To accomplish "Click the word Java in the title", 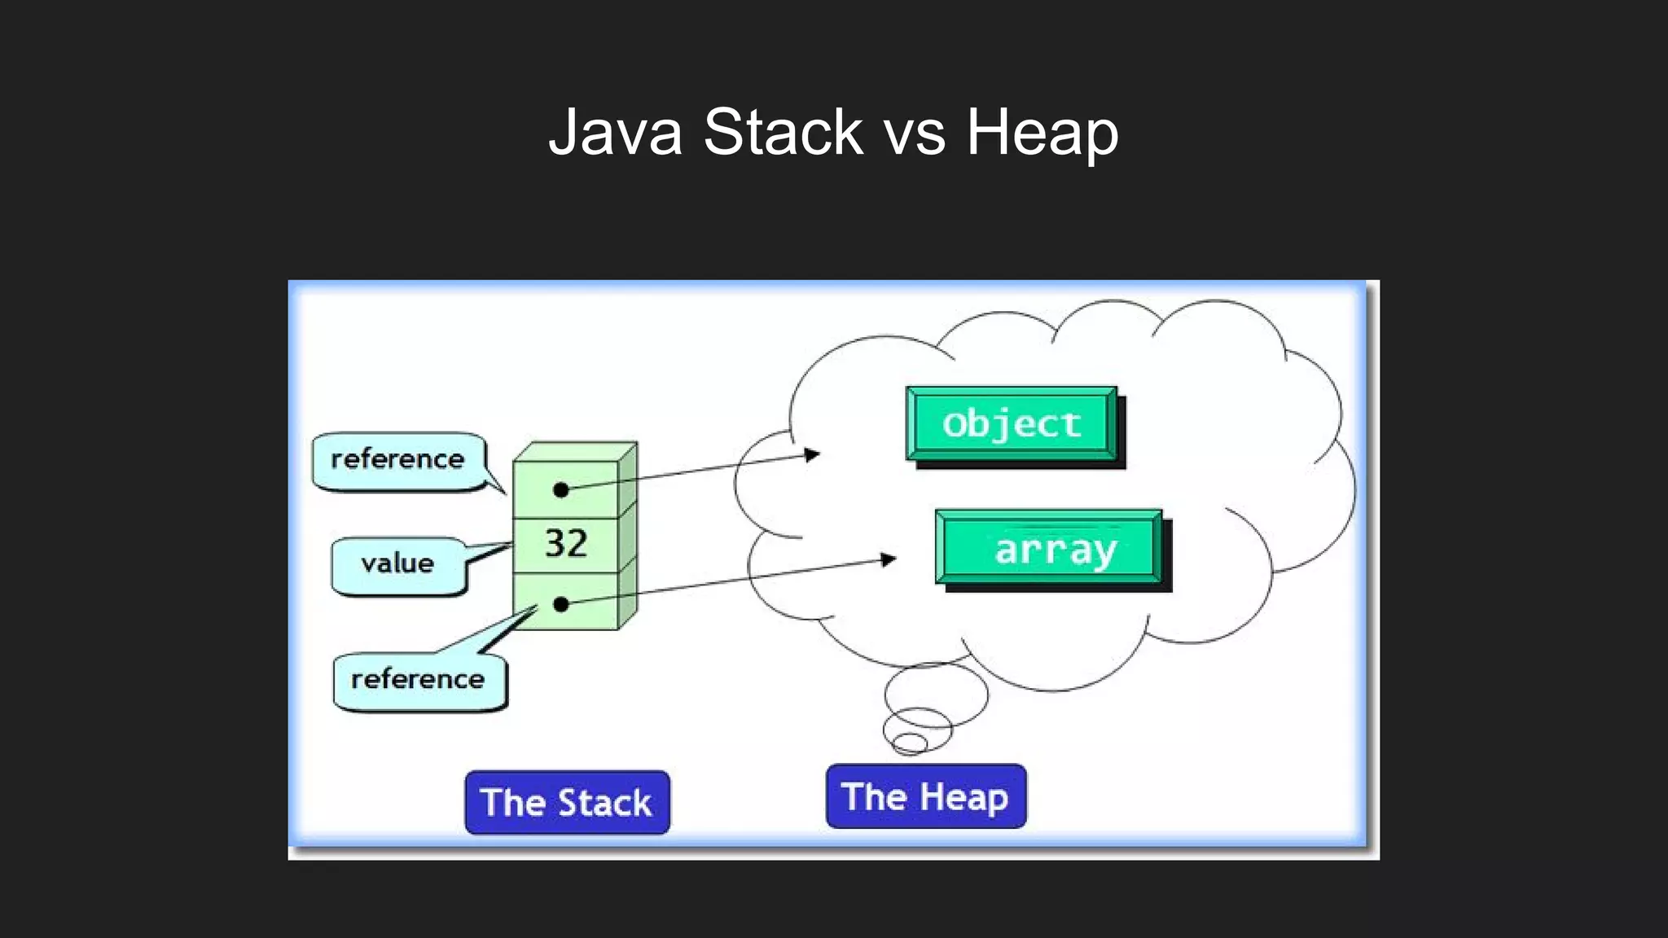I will tap(615, 132).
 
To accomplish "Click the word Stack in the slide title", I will tap(783, 132).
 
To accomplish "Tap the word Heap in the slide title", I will tap(1042, 132).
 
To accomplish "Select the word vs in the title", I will tap(915, 134).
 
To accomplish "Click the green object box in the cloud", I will tap(1012, 424).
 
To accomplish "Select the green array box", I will tap(1049, 548).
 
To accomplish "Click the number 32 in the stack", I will tap(566, 544).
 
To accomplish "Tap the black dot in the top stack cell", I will tap(560, 489).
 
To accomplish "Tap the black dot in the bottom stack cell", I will tap(560, 604).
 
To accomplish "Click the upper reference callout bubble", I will tap(398, 460).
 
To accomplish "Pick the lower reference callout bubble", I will tap(419, 680).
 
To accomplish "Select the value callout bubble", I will tap(398, 563).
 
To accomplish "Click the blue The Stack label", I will tap(567, 803).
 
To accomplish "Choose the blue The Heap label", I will tap(925, 796).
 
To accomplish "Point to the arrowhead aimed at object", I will tap(811, 454).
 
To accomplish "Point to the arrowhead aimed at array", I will tap(889, 559).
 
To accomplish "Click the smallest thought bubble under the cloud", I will tap(910, 743).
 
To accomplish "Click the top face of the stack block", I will tap(576, 451).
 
